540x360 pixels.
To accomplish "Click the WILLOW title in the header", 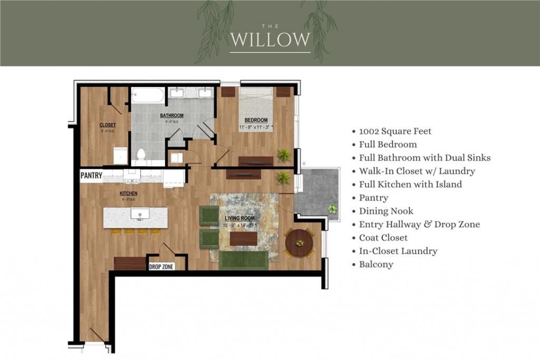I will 270,39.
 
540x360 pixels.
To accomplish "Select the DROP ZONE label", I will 161,267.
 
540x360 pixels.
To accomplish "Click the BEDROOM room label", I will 256,120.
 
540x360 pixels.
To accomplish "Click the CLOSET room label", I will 108,125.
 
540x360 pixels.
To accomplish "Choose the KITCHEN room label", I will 128,193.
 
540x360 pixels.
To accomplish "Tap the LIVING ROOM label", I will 240,218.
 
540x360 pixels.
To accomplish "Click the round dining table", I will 299,243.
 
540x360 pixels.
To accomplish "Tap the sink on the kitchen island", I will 140,214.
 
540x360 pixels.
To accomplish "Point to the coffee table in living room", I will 244,239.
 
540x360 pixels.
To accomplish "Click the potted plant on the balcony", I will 332,209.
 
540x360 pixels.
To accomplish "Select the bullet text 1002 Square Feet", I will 395,131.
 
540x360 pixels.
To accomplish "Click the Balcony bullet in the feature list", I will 376,265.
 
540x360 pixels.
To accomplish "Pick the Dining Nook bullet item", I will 386,211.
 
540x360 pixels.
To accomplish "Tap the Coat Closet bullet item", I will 383,238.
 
